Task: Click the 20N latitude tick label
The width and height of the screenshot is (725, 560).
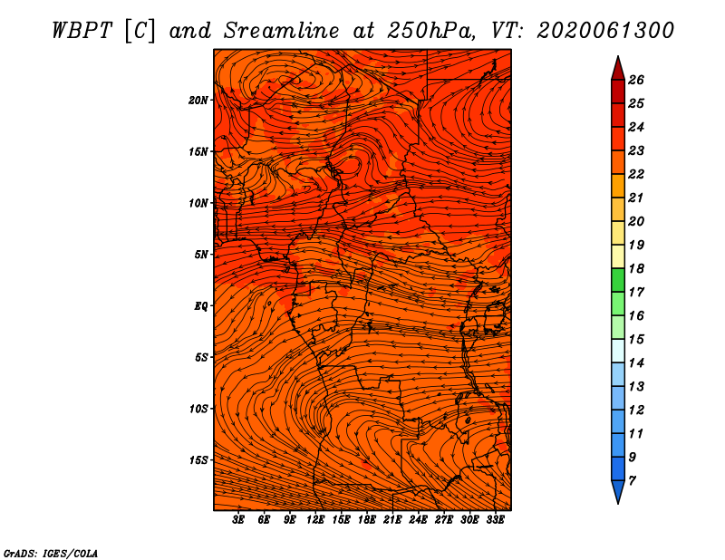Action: click(198, 101)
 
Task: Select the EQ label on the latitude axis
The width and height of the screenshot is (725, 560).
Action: click(201, 306)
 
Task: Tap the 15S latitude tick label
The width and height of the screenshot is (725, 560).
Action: click(198, 460)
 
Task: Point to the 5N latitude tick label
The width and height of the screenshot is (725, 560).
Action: click(201, 255)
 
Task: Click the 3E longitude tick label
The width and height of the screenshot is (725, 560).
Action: click(238, 520)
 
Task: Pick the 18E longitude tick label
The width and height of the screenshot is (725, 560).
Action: click(367, 520)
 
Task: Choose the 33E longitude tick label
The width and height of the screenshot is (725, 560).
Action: click(495, 520)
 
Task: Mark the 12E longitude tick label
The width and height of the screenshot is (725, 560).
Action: click(315, 520)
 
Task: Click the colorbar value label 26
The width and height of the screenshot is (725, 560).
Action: click(636, 80)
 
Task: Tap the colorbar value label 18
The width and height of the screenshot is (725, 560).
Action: click(636, 268)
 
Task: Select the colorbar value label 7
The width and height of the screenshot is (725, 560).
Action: click(632, 480)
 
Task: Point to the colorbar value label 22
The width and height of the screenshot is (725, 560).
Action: click(636, 174)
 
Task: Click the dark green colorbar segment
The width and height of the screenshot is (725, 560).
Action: click(618, 280)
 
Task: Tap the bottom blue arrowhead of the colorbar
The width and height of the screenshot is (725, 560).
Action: click(618, 490)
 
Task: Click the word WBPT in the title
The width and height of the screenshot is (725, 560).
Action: click(82, 31)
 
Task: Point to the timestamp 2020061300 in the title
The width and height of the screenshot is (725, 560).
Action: click(605, 31)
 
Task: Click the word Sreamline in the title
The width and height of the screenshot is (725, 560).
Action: click(282, 31)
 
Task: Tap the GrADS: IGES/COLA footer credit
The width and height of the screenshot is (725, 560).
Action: click(51, 553)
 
